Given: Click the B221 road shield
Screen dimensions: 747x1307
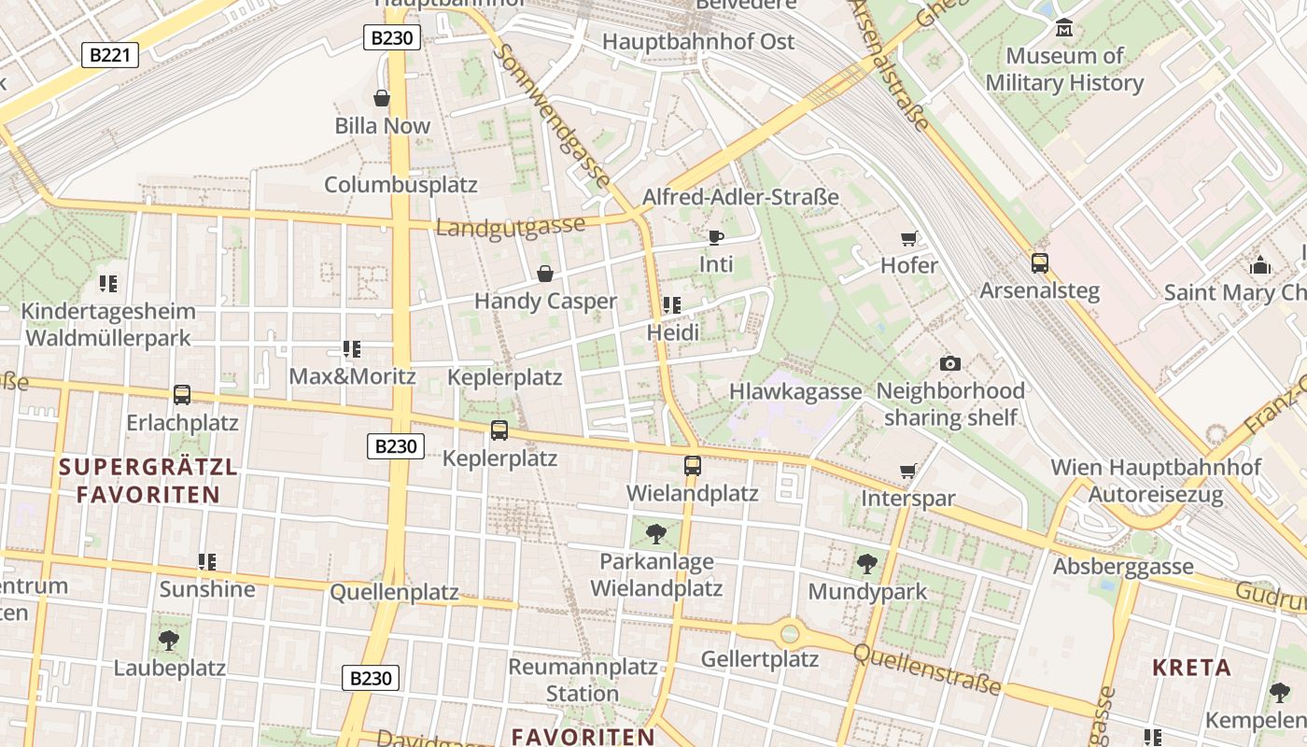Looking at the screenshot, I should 110,55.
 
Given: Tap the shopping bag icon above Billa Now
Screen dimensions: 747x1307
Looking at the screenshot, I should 382,98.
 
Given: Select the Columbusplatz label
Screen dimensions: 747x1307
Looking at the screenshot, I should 401,185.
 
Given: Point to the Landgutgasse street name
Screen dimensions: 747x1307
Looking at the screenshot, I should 511,226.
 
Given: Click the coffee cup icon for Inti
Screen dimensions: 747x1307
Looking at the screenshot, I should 716,237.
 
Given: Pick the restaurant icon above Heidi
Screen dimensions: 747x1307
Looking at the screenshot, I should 671,305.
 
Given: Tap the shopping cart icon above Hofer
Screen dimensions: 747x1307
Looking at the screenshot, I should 908,239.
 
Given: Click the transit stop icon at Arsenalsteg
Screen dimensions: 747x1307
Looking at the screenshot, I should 1039,263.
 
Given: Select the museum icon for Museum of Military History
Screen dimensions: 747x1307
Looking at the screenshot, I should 1064,28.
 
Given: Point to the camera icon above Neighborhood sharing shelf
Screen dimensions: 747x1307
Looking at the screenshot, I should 950,363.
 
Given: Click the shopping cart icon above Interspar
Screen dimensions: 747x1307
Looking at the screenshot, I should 907,472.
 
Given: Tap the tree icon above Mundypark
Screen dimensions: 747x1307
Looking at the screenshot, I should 867,564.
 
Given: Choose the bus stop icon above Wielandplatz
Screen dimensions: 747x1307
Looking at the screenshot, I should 692,465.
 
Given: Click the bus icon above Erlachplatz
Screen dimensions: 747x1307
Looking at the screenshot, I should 182,395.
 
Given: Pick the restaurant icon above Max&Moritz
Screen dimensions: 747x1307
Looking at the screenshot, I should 352,349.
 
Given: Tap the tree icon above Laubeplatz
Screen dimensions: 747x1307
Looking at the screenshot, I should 169,641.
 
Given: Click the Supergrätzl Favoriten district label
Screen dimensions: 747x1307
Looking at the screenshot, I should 148,480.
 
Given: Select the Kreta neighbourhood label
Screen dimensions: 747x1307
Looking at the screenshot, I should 1192,668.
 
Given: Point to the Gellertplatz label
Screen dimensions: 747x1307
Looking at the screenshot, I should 760,659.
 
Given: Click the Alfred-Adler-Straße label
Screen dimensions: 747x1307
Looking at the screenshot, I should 740,197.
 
